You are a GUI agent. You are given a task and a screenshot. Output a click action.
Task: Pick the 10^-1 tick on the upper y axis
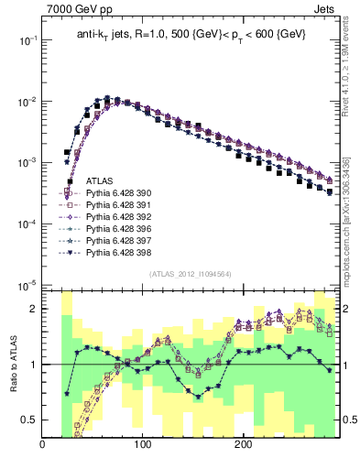[27, 40]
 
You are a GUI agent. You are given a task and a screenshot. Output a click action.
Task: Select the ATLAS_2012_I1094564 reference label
[190, 274]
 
